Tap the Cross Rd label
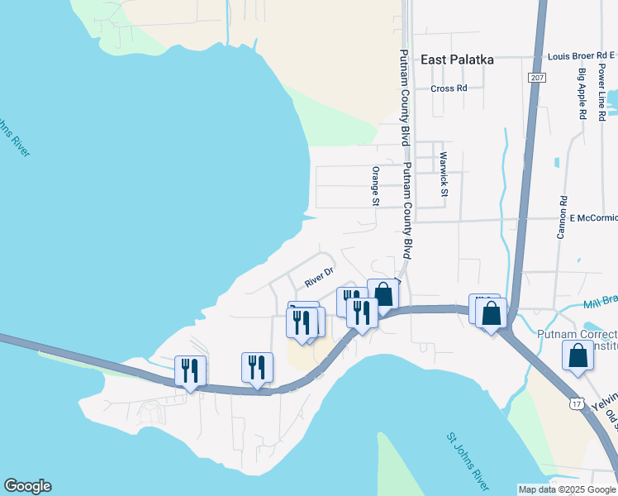coord(449,88)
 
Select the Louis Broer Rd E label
coord(582,56)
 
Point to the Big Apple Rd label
coord(582,94)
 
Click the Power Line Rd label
coord(601,92)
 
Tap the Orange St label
coord(376,186)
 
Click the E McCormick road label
coord(593,218)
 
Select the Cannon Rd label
coord(561,217)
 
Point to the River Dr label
coord(318,276)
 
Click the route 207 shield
coord(537,77)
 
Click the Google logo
coord(27,486)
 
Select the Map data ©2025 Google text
coord(567,489)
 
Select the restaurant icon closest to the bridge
coord(190,371)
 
